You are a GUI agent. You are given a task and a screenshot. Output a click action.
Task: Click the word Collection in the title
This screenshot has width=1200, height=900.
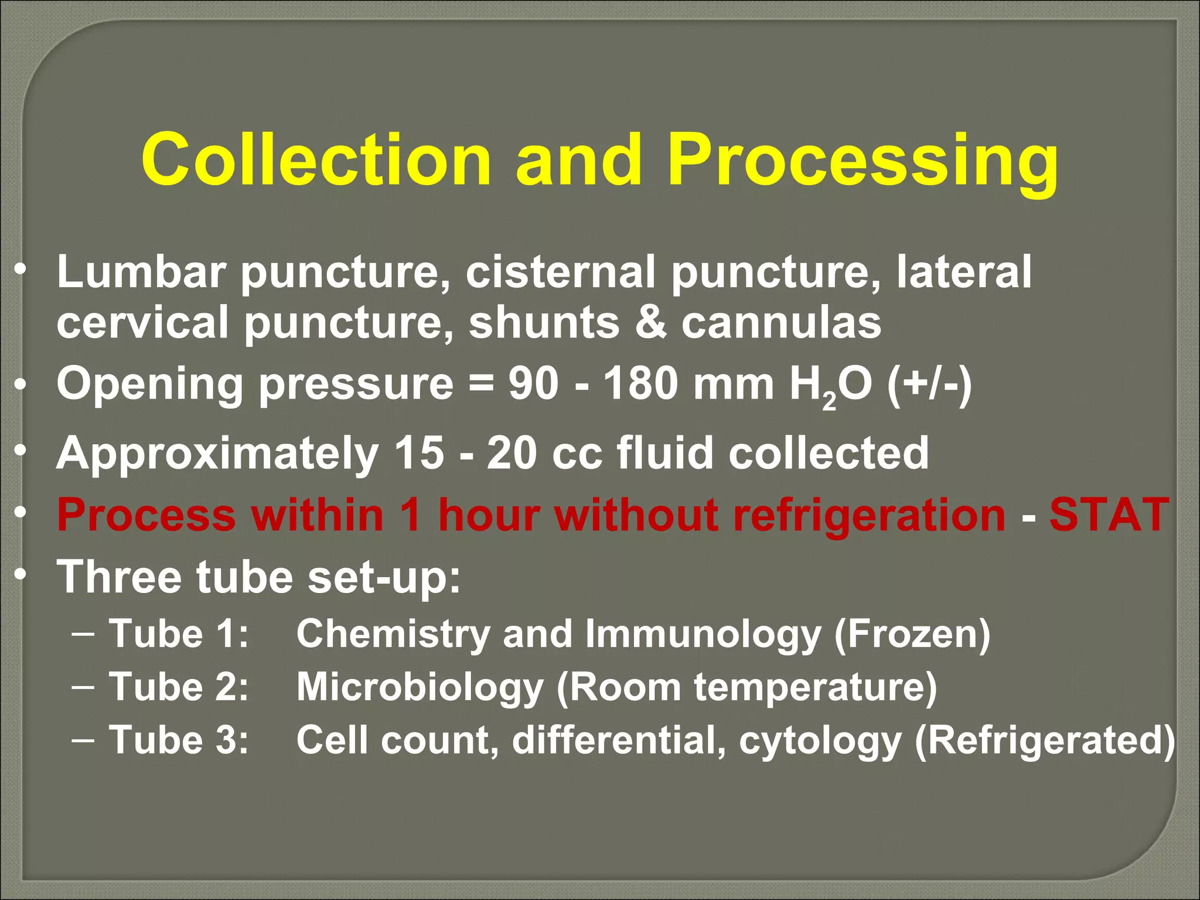point(316,160)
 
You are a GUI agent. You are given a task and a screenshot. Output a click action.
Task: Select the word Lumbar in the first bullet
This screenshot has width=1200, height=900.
point(141,272)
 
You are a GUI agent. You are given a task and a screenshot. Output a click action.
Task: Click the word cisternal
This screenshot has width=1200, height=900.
point(560,272)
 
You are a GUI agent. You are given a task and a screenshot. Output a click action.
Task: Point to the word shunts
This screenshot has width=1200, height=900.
point(543,323)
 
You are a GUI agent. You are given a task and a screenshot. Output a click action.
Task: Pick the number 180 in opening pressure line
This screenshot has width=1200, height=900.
point(641,384)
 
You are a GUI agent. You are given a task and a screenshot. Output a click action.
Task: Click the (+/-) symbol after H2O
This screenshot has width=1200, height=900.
point(929,386)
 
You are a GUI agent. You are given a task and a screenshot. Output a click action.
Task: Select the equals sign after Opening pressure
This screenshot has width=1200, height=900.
point(480,386)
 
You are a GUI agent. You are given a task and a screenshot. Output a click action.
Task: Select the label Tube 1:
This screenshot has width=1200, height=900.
point(179,634)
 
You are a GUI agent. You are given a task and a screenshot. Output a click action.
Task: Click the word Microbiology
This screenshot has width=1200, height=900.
point(420,687)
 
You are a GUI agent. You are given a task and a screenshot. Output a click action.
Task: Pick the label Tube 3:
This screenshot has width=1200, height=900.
point(179,740)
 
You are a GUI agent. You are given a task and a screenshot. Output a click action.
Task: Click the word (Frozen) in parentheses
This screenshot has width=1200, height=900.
point(912,635)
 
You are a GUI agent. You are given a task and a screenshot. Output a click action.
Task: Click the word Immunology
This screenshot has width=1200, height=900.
point(703,635)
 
